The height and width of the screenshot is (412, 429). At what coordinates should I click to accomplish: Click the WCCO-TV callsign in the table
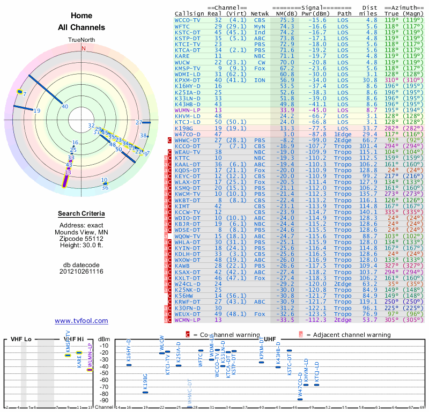tap(187, 20)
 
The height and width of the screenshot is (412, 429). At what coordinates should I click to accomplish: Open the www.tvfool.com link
tap(82, 321)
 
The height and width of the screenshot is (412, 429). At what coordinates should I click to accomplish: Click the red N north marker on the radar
tap(83, 48)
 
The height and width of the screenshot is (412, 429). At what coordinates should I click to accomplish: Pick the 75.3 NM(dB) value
tap(286, 20)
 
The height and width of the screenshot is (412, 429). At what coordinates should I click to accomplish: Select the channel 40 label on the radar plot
tap(65, 106)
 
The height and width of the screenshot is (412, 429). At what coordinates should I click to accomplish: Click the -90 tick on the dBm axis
tap(103, 400)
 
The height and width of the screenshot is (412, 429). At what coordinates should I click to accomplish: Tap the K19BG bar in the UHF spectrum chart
tap(145, 392)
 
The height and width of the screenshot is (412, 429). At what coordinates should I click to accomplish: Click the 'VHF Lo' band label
tap(21, 339)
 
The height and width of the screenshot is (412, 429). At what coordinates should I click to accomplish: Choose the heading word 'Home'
tap(82, 16)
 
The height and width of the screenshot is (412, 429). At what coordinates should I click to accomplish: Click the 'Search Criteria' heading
tap(82, 214)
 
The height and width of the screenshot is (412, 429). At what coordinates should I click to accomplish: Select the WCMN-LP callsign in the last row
tap(187, 320)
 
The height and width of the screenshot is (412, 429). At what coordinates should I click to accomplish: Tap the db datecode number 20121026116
tap(82, 271)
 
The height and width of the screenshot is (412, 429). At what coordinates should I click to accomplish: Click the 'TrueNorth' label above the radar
tap(82, 40)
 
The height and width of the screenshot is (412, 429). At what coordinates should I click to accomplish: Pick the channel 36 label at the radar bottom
tap(105, 187)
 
